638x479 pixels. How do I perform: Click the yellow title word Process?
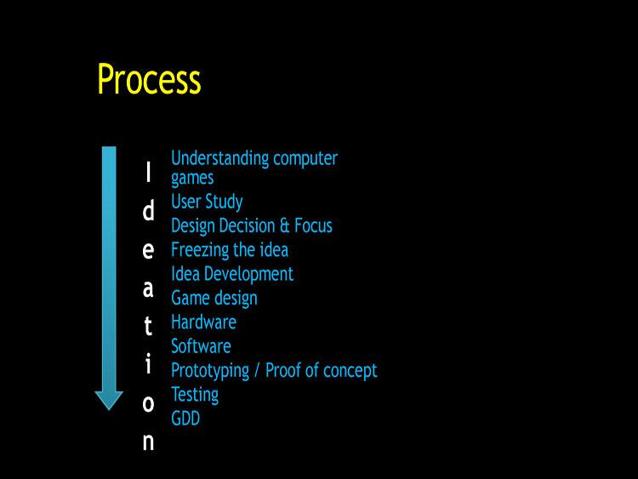pos(149,79)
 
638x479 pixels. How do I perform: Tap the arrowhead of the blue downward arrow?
pos(109,399)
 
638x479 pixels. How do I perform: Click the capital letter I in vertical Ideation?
pos(148,173)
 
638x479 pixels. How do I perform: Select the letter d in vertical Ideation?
pos(148,211)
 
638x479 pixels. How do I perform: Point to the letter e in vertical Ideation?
pos(148,250)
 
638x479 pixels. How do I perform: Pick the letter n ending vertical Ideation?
pos(148,442)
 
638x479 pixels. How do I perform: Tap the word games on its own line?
pos(192,179)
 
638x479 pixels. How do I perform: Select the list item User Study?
pos(207,202)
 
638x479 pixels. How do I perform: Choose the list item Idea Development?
pos(231,274)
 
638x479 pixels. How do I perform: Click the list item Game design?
pos(214,299)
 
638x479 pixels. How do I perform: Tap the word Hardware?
pos(203,322)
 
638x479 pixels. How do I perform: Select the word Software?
pos(201,346)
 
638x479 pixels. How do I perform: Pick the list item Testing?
pos(195,395)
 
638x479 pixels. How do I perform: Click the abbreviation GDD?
pos(185,419)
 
